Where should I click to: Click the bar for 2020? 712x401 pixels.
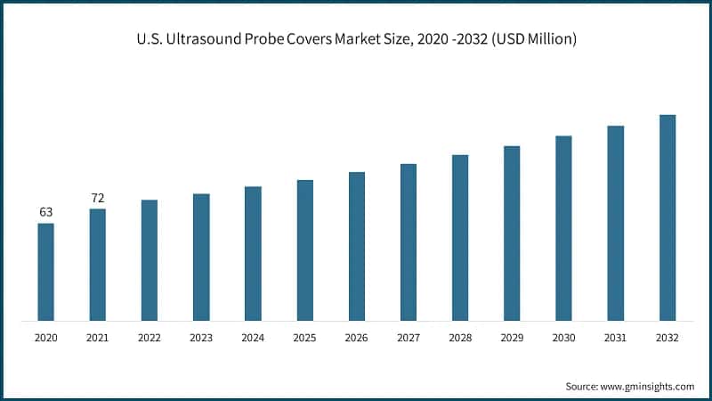click(45, 271)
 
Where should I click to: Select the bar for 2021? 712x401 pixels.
click(97, 264)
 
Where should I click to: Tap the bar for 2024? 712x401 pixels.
click(253, 253)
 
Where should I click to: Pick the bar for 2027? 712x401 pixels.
click(409, 241)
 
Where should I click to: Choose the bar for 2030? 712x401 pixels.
click(563, 227)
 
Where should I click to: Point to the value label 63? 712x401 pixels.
click(45, 212)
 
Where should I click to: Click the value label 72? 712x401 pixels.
click(97, 198)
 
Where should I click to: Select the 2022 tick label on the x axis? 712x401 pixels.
click(149, 338)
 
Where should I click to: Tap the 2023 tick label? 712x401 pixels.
click(201, 338)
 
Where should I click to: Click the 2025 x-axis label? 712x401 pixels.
click(304, 338)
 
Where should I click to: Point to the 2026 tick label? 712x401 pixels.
click(356, 338)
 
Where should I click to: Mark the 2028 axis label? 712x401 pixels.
click(460, 338)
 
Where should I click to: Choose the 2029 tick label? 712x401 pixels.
click(512, 338)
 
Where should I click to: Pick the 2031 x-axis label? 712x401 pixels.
click(615, 338)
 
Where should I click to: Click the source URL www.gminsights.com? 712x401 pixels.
click(648, 386)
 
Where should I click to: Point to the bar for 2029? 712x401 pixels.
click(512, 233)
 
